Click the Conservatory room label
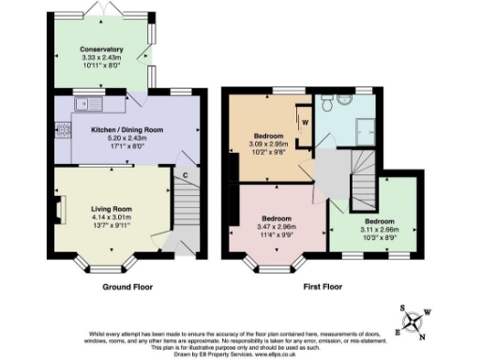102,50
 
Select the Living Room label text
111,208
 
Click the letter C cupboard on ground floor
186,176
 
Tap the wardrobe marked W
305,122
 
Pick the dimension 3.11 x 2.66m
367,213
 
